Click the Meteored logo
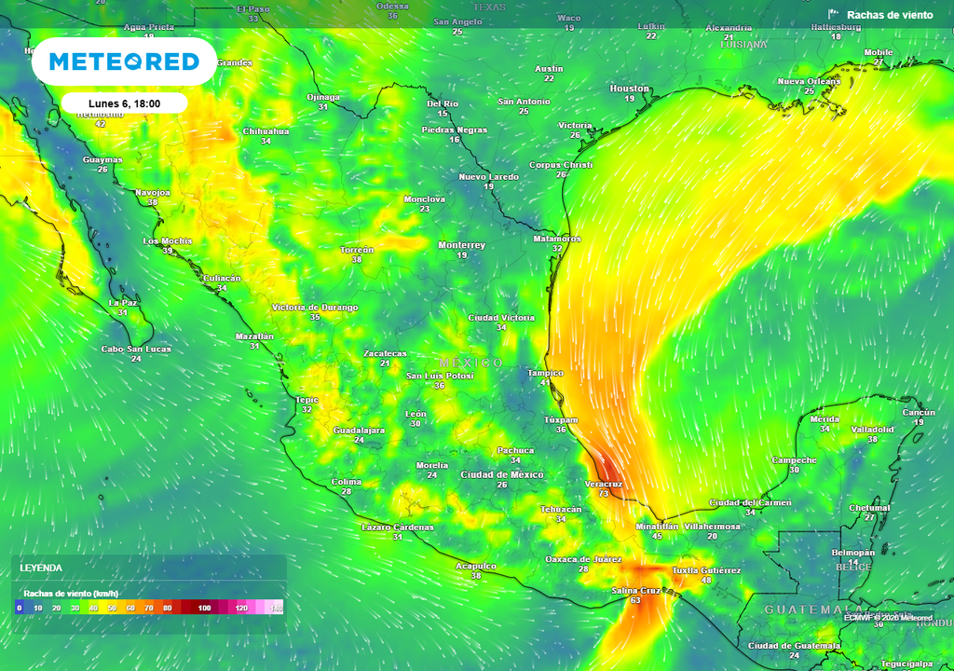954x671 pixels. pyautogui.click(x=124, y=62)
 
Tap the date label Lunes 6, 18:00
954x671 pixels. pyautogui.click(x=125, y=103)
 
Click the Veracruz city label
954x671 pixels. pyautogui.click(x=603, y=484)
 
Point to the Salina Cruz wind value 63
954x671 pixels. pyautogui.click(x=635, y=601)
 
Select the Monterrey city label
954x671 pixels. pyautogui.click(x=461, y=245)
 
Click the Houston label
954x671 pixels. pyautogui.click(x=629, y=89)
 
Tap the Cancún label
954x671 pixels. pyautogui.click(x=918, y=412)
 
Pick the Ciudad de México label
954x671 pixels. pyautogui.click(x=502, y=474)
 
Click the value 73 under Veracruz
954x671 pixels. pyautogui.click(x=604, y=494)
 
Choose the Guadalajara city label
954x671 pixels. pyautogui.click(x=359, y=430)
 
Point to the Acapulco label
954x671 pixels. pyautogui.click(x=475, y=566)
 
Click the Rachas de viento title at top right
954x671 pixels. pyautogui.click(x=890, y=15)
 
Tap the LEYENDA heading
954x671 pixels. pyautogui.click(x=41, y=568)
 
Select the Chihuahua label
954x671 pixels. pyautogui.click(x=266, y=131)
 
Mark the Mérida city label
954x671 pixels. pyautogui.click(x=825, y=419)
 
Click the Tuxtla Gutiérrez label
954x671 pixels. pyautogui.click(x=706, y=570)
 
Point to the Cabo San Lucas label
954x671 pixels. pyautogui.click(x=136, y=349)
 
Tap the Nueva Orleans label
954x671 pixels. pyautogui.click(x=809, y=81)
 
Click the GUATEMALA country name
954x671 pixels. pyautogui.click(x=806, y=609)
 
